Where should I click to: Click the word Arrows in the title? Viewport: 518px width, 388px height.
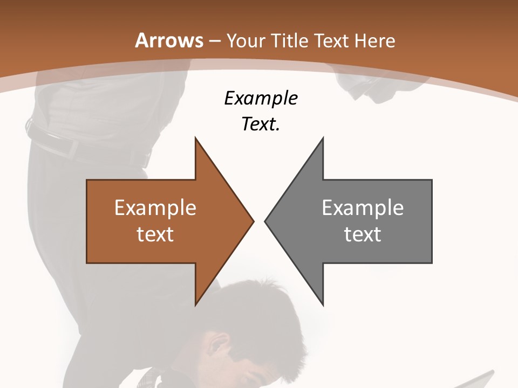(x=169, y=40)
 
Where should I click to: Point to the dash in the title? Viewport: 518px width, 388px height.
(x=215, y=41)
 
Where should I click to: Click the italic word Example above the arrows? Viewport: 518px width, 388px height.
(x=261, y=99)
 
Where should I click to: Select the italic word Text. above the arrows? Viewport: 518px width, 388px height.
(x=261, y=124)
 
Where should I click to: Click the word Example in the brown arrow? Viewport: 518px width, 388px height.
(x=155, y=208)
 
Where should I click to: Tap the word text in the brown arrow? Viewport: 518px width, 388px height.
(x=155, y=234)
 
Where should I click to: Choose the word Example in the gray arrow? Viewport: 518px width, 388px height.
(x=363, y=208)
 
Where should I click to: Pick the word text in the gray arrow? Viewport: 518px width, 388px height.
(x=363, y=234)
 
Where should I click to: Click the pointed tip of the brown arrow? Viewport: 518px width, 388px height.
(x=253, y=221)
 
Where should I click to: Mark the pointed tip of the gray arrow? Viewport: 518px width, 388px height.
(x=265, y=221)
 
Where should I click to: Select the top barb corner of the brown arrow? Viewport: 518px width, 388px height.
(x=195, y=138)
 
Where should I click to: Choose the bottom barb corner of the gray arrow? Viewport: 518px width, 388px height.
(x=323, y=305)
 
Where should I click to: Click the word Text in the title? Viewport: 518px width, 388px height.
(x=332, y=40)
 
